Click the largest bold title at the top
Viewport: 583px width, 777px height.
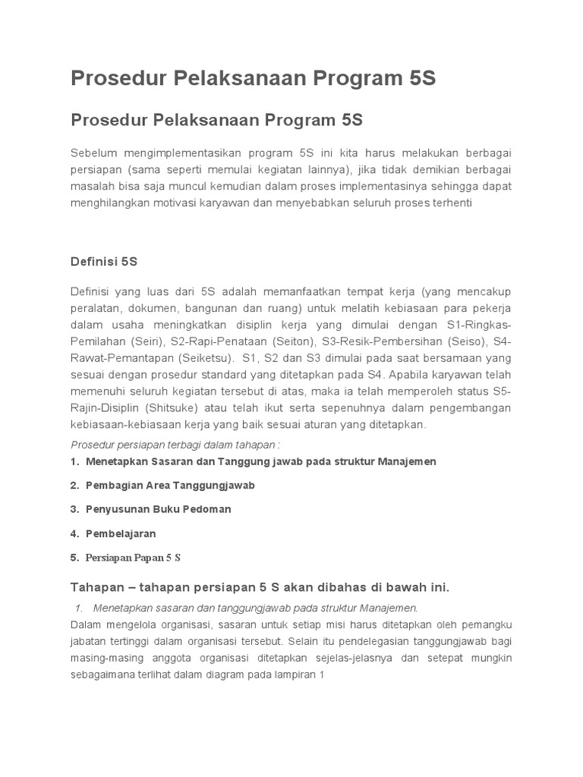pos(254,79)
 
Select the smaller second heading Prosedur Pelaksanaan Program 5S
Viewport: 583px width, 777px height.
pos(216,120)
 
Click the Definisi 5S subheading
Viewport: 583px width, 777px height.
pos(104,261)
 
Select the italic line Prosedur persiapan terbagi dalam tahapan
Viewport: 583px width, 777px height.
pos(176,444)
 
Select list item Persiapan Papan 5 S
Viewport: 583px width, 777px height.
pos(134,558)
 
